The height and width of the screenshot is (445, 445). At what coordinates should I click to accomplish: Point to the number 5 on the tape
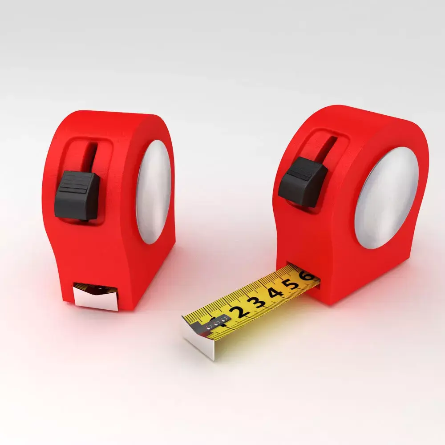[292, 284]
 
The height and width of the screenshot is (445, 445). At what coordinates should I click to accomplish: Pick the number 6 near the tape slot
[307, 276]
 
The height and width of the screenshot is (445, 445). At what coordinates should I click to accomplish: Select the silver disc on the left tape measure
[154, 191]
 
